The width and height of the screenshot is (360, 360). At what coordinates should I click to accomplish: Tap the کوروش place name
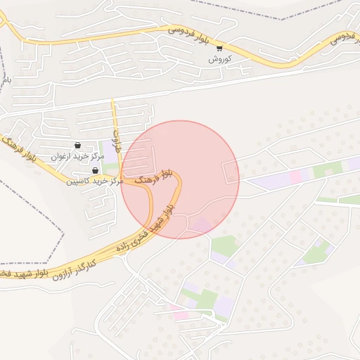[219, 60]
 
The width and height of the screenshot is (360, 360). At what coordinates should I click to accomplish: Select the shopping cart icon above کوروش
[219, 49]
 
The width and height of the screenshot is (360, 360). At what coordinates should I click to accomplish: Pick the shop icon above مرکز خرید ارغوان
[77, 144]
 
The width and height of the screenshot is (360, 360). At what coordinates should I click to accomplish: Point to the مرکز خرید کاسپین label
[95, 181]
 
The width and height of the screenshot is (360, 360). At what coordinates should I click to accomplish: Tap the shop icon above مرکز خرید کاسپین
[95, 170]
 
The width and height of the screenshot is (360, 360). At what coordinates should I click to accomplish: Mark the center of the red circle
[180, 179]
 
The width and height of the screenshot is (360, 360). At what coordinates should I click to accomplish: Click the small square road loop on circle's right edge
[231, 172]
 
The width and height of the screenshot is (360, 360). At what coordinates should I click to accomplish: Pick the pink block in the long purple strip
[295, 176]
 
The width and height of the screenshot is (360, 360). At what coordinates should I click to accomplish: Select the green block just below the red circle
[225, 245]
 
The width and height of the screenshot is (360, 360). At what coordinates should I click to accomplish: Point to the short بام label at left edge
[7, 82]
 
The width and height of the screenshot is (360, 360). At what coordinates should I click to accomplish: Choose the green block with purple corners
[316, 251]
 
